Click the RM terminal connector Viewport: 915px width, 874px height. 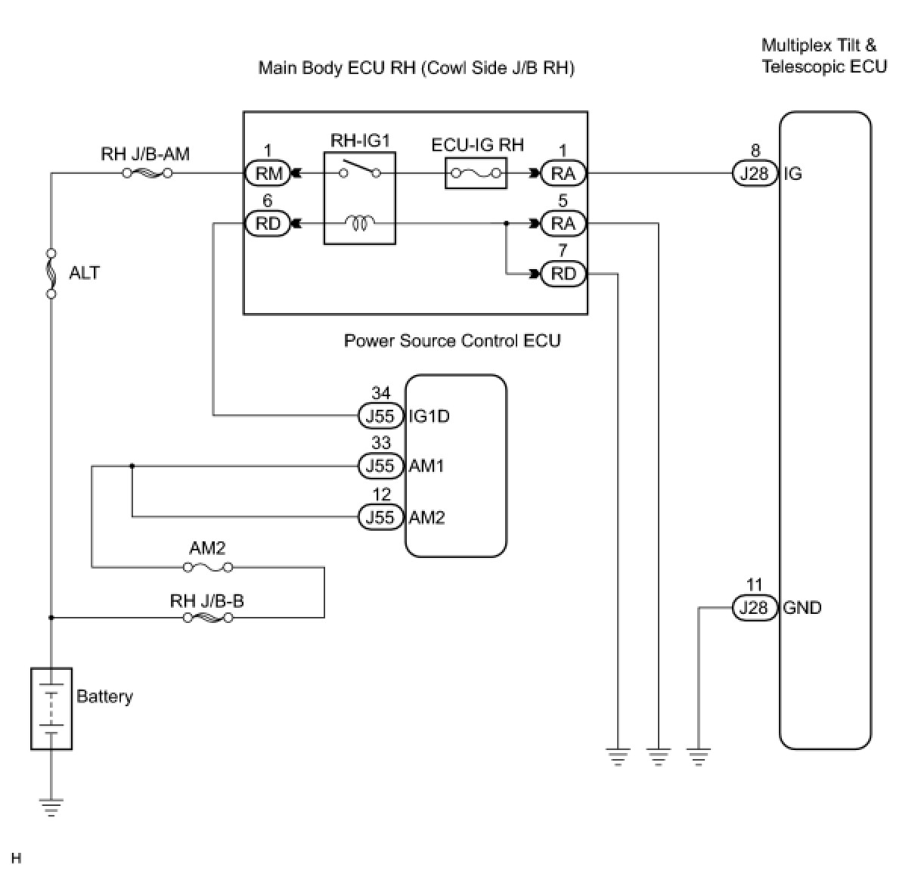(268, 173)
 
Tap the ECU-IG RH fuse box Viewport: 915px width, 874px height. (476, 173)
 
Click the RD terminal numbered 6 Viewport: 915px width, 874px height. (268, 224)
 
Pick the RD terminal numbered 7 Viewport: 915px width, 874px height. (563, 274)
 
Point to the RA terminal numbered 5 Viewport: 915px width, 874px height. (563, 224)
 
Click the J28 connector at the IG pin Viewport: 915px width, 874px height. (754, 173)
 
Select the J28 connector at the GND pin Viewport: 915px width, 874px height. (754, 608)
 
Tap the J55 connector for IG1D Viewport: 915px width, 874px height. (380, 416)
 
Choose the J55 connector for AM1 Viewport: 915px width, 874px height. (380, 466)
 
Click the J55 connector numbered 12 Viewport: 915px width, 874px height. (380, 517)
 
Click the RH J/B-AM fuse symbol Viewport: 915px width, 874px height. (147, 173)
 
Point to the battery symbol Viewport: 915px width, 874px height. (51, 708)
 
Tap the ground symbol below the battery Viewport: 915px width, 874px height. (51, 807)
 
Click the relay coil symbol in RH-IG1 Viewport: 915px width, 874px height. (360, 223)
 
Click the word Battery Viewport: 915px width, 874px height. (104, 696)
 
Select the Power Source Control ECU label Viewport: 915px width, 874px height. (452, 340)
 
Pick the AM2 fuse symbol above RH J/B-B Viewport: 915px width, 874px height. (208, 567)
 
